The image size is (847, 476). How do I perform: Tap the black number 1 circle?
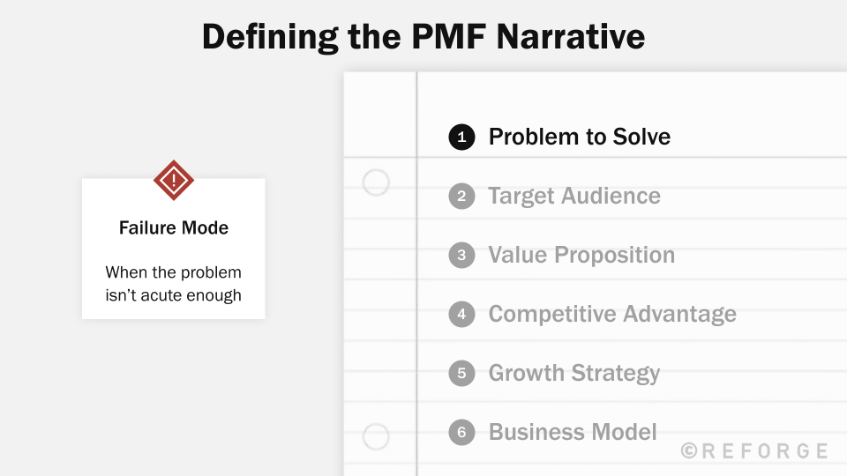click(x=461, y=138)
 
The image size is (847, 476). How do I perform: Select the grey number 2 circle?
click(x=461, y=196)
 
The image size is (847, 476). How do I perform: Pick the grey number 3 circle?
click(x=461, y=256)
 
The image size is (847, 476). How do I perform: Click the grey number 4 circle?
click(x=461, y=315)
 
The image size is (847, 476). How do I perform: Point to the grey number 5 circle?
click(x=461, y=373)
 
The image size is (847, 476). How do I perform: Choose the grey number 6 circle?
click(x=461, y=433)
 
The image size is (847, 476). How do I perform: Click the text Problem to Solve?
click(x=580, y=138)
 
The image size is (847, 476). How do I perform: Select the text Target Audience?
click(x=574, y=196)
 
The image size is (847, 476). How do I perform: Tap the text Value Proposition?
click(x=581, y=256)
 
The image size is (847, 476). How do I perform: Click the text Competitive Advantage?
click(x=612, y=315)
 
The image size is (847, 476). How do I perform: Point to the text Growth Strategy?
click(x=574, y=373)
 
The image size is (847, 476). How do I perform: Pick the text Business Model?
click(x=573, y=433)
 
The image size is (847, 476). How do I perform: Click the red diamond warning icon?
click(x=174, y=181)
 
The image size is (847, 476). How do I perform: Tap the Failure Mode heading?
click(x=174, y=228)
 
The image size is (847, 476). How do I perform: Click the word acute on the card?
click(x=157, y=295)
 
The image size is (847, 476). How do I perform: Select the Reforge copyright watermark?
click(x=755, y=451)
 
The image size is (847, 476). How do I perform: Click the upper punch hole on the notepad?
click(x=376, y=182)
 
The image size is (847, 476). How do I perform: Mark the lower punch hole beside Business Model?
click(x=376, y=436)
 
